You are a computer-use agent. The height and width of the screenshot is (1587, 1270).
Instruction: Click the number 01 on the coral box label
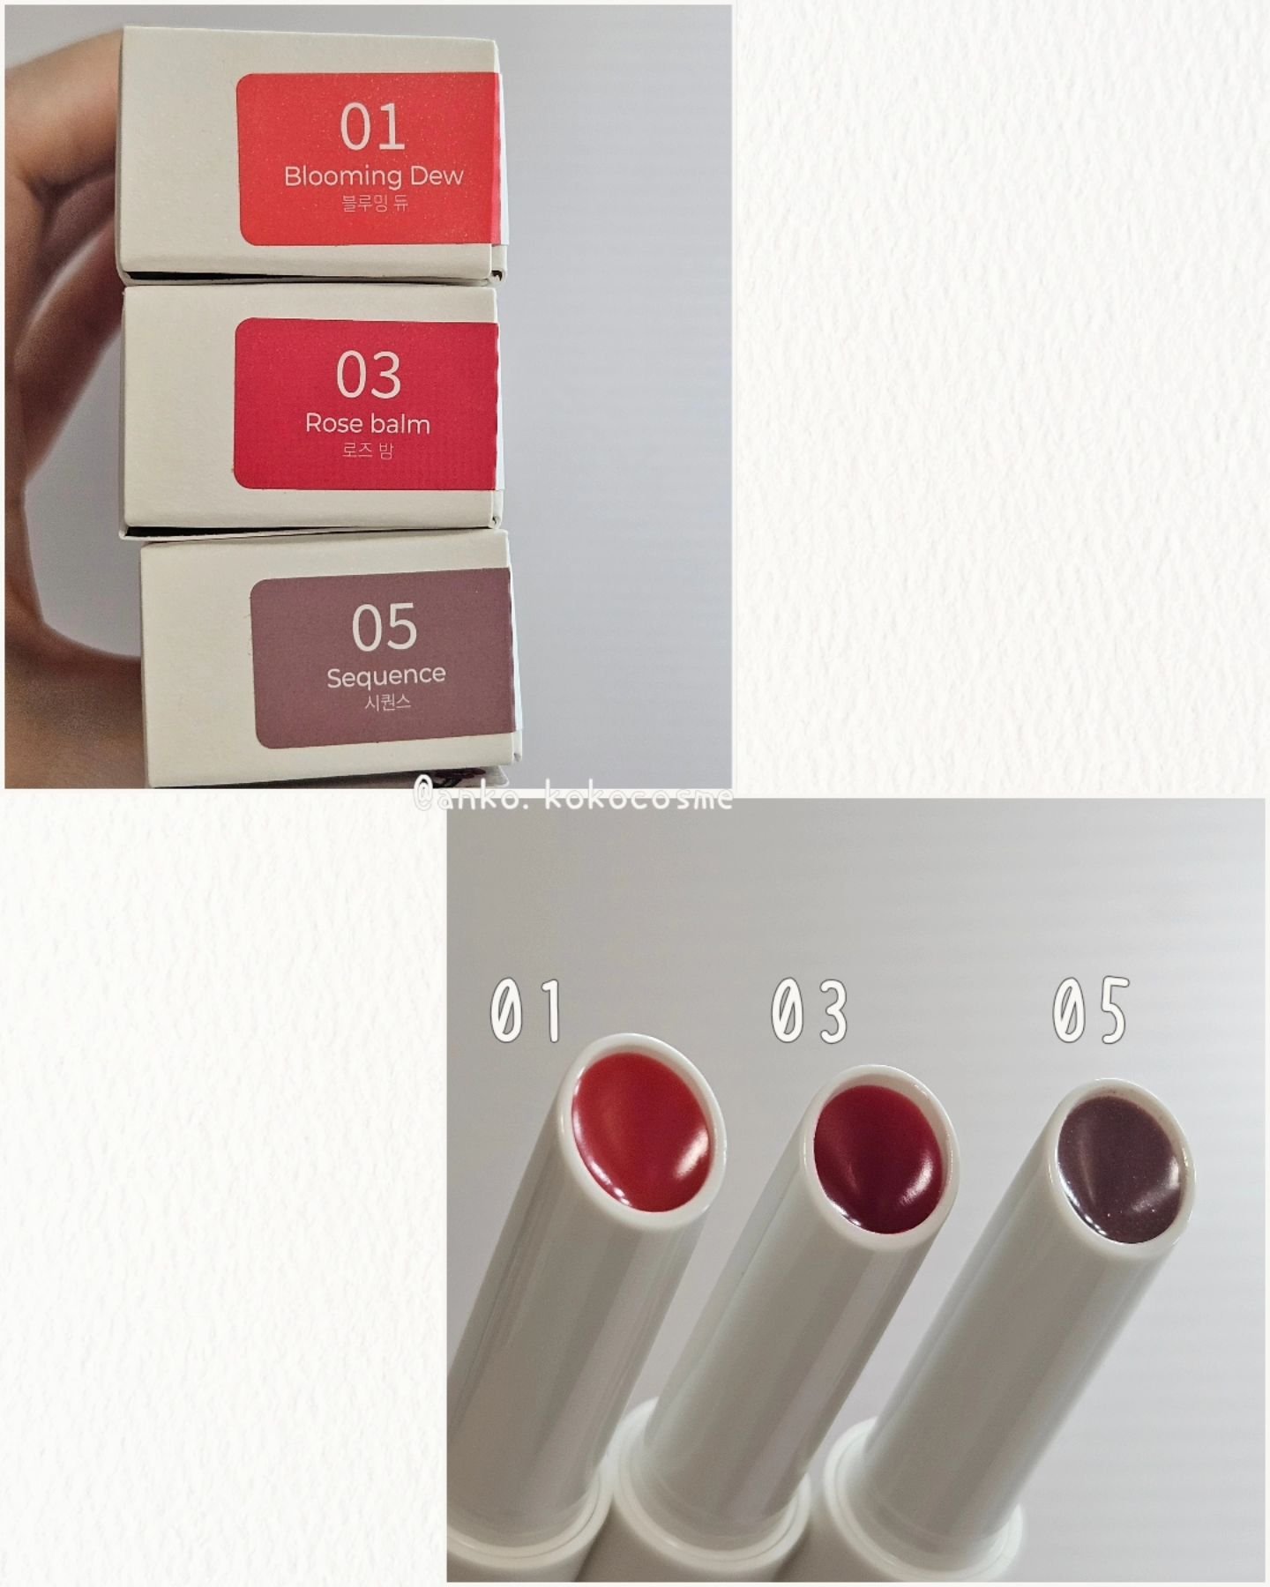coord(372,128)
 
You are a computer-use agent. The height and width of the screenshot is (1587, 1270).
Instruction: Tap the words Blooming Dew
coord(373,175)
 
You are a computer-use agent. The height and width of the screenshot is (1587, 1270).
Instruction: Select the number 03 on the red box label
coord(369,375)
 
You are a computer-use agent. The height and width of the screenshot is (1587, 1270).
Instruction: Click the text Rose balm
coord(368,423)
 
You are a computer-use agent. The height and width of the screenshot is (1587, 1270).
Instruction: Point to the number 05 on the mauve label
coord(384,627)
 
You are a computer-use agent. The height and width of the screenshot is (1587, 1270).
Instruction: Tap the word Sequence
coord(385,676)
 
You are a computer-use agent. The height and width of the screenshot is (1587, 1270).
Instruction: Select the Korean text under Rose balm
coord(368,451)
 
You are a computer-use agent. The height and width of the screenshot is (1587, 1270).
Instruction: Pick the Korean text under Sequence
coord(386,703)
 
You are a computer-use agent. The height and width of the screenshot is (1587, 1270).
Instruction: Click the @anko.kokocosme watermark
coord(573,799)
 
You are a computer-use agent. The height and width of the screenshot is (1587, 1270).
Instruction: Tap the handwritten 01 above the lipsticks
coord(526,1010)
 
